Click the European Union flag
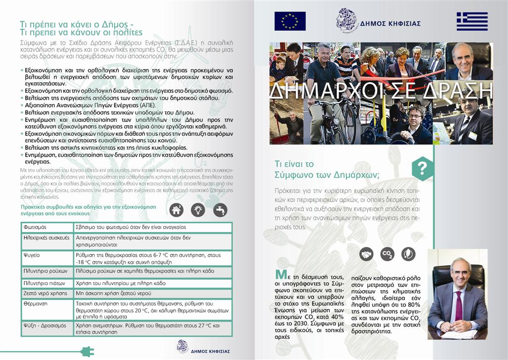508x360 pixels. (290, 21)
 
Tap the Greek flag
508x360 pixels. (472, 21)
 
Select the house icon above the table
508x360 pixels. (176, 210)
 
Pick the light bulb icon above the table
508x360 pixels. (198, 210)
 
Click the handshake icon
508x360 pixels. (366, 254)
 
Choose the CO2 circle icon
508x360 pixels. (387, 254)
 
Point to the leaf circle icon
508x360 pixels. (408, 254)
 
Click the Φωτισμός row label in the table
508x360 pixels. (35, 227)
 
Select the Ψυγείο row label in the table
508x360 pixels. (32, 254)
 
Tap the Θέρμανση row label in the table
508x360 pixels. (35, 302)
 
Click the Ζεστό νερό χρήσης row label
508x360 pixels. (45, 293)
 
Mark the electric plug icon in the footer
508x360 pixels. (87, 351)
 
